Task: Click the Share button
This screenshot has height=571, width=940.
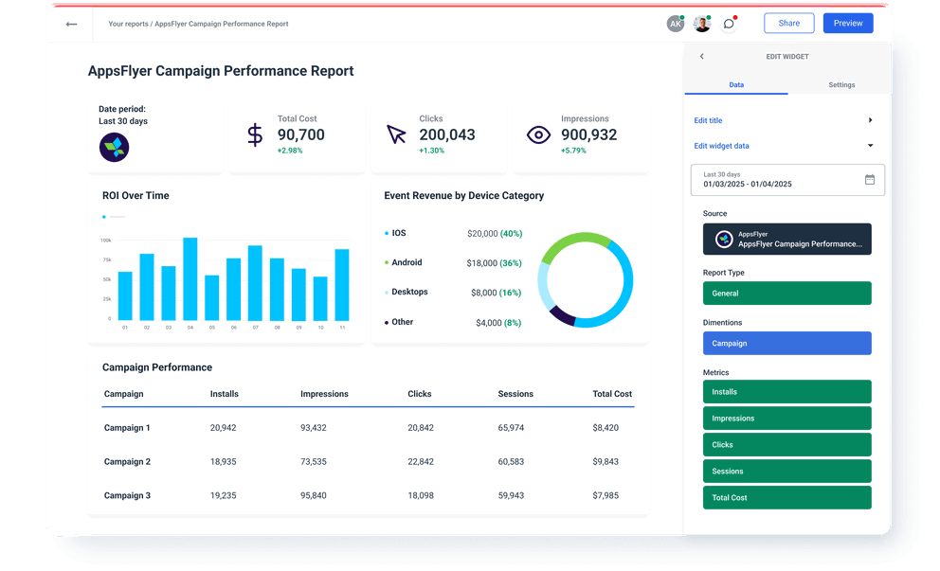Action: (788, 24)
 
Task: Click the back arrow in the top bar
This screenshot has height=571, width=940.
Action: (71, 24)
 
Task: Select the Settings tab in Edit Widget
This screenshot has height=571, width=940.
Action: (841, 85)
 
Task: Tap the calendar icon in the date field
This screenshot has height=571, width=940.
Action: (870, 179)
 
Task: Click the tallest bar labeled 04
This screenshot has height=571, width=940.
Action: (190, 278)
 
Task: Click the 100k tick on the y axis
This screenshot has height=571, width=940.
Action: (105, 241)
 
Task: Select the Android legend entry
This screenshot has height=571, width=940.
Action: (407, 262)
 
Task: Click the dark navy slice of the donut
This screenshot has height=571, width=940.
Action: (562, 315)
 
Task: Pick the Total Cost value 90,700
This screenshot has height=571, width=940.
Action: (300, 134)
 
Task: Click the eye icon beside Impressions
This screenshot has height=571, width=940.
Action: (538, 135)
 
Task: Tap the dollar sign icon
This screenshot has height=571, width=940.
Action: (255, 134)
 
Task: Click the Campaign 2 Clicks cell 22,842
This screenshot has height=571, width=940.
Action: (421, 461)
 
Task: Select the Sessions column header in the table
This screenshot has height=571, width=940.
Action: (515, 394)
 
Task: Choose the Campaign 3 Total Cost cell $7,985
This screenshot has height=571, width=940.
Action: (606, 495)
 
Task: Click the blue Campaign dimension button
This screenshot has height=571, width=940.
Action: (786, 344)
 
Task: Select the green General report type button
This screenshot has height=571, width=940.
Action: (786, 294)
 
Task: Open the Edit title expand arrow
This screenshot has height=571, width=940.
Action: (870, 120)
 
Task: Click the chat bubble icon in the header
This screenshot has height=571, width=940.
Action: (729, 24)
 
